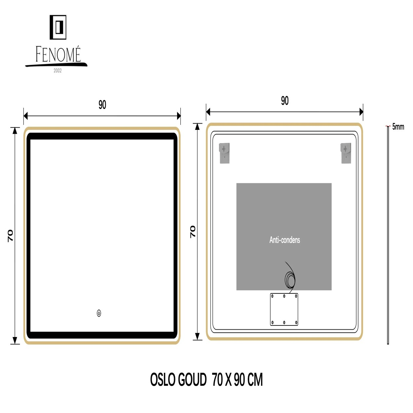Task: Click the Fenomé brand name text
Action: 58,54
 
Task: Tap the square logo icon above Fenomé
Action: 58,27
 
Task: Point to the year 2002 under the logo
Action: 57,71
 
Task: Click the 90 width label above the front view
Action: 102,105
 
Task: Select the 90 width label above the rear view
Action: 284,100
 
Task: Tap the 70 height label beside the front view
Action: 10,236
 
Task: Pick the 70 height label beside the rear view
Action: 193,232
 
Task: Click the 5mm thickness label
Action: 398,127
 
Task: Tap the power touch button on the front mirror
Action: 99,313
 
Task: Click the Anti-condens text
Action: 284,240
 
